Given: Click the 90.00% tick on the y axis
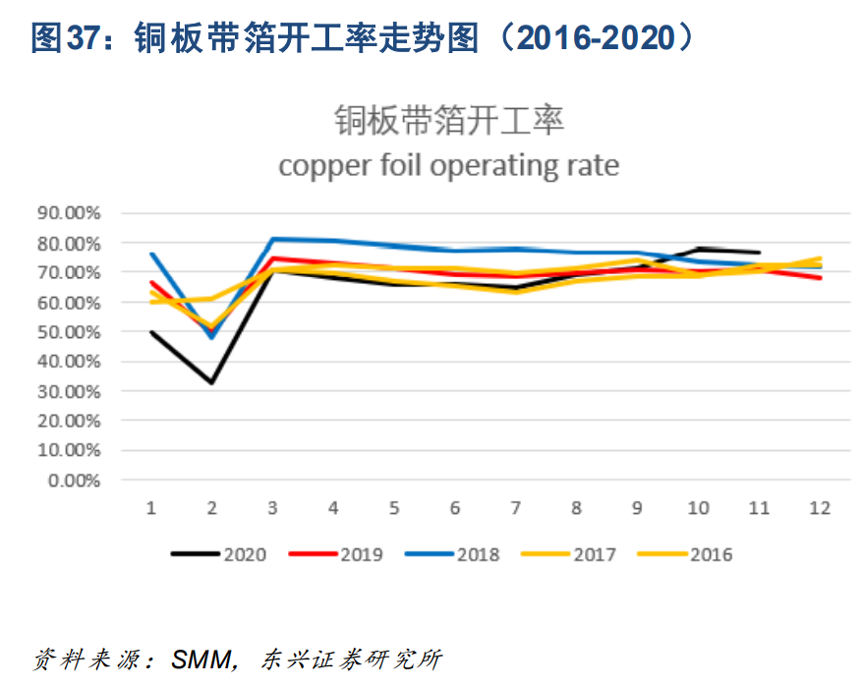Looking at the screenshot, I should [69, 212].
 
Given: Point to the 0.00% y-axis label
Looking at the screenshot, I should [73, 481].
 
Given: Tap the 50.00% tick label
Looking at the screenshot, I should [69, 332].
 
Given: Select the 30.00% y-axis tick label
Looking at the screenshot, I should [69, 391].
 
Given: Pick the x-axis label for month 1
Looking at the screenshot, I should [151, 508].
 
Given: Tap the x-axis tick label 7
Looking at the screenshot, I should [515, 508].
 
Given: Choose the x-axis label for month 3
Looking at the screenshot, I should [272, 508].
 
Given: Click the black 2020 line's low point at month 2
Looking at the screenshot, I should [211, 382].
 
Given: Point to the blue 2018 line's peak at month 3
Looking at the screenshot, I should [272, 239].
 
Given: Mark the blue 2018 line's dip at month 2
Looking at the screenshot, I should [211, 337].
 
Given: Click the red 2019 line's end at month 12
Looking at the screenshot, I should [820, 278].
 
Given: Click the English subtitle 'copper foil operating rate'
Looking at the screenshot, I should [448, 165].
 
